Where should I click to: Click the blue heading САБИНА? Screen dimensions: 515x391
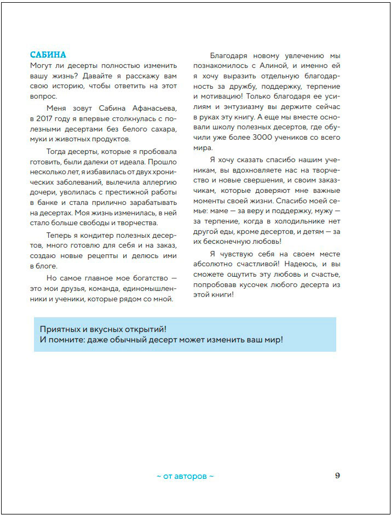[x=48, y=55]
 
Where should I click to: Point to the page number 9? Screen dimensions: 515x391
[x=337, y=476]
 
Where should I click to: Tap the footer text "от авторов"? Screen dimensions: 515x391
[x=185, y=476]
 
